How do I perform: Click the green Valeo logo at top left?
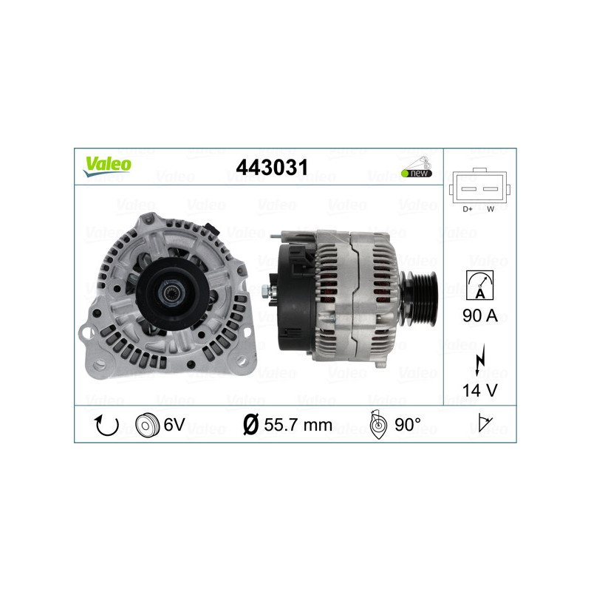tap(107, 165)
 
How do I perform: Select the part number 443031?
tap(271, 168)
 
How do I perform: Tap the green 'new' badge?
tap(417, 173)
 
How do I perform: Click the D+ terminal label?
tap(467, 209)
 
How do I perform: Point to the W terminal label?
tap(491, 209)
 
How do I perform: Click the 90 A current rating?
tap(479, 316)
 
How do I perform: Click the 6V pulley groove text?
tap(175, 426)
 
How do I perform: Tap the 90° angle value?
tap(407, 426)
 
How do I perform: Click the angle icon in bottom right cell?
tap(484, 425)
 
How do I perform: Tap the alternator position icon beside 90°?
tap(378, 426)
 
